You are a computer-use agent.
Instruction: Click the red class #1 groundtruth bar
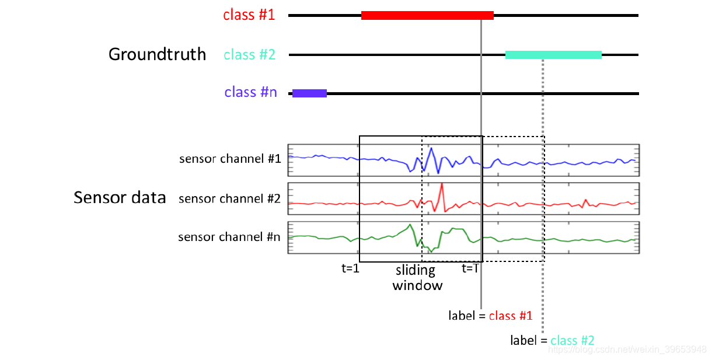(427, 15)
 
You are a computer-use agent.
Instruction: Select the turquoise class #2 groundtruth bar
(553, 55)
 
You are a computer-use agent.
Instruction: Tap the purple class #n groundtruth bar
(309, 93)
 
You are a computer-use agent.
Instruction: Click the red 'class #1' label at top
(249, 15)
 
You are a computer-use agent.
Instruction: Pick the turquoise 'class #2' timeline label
(249, 55)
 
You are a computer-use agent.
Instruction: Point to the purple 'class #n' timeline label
(250, 92)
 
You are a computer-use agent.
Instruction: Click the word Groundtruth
(157, 54)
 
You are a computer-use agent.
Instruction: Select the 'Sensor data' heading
(120, 197)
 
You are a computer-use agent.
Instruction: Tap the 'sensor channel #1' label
(230, 159)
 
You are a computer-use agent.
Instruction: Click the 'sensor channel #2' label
(229, 199)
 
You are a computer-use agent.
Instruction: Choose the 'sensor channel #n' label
(229, 237)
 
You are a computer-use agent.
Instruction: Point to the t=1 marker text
(350, 268)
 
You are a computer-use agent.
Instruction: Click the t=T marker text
(470, 268)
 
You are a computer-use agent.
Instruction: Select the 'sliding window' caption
(417, 278)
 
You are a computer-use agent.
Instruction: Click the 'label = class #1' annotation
(490, 316)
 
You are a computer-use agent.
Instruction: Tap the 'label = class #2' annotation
(552, 340)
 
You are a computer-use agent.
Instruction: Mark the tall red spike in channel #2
(442, 184)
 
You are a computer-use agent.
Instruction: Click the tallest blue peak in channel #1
(431, 148)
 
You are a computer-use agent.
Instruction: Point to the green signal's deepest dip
(431, 251)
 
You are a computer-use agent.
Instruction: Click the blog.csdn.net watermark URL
(627, 349)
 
